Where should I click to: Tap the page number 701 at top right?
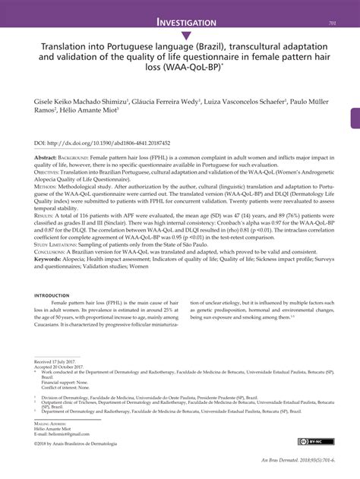(332, 24)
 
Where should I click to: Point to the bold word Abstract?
(46, 156)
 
